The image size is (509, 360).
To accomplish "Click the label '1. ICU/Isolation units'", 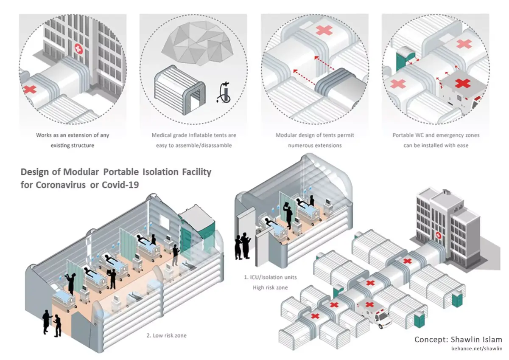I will coord(270,277).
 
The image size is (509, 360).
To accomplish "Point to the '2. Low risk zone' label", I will coord(166,335).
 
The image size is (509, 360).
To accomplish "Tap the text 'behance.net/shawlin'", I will coord(476,349).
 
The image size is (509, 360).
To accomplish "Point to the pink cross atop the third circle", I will coord(324,30).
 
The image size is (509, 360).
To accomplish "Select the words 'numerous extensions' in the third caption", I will coord(315,145).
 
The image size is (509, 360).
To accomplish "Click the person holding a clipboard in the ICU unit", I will coord(288,214).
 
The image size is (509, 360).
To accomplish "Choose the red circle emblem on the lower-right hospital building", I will coord(438,235).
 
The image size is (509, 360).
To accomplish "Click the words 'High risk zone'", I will coord(270,287).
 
